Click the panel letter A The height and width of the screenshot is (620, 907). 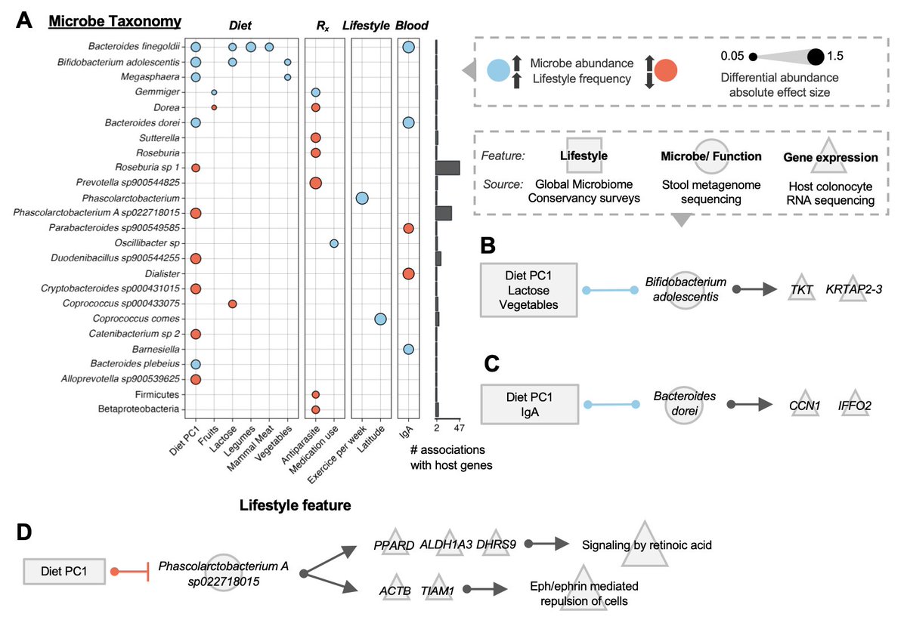coord(23,22)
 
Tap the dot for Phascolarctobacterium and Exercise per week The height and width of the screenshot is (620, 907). coord(361,198)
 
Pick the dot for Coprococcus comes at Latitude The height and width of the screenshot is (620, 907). coord(380,319)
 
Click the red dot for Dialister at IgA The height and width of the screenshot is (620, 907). coord(408,273)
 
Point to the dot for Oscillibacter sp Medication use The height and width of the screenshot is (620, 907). coord(334,243)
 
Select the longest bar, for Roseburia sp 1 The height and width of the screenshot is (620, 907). coord(447,168)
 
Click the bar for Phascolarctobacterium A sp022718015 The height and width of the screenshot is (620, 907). coord(444,213)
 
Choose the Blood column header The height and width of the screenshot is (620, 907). coord(412,26)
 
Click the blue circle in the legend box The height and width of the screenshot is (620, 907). coord(498,70)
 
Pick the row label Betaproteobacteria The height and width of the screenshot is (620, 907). coord(143,409)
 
